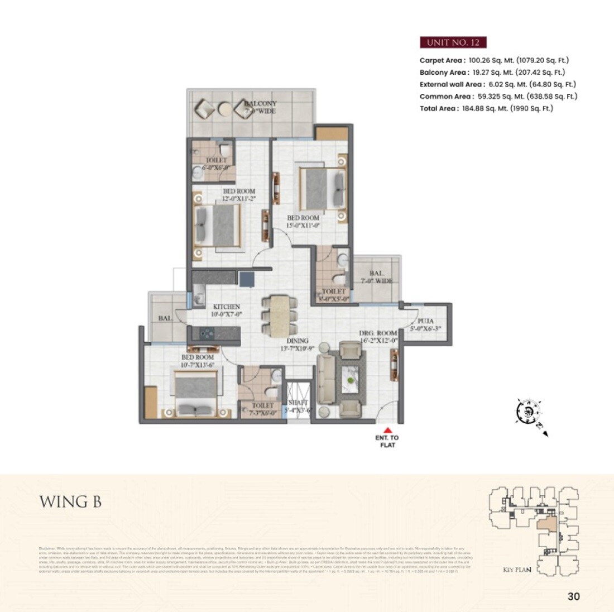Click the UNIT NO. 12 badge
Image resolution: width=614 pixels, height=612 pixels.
(453, 42)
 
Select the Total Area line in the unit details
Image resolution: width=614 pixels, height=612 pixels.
(486, 108)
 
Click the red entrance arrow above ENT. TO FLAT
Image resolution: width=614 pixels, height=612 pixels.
(387, 431)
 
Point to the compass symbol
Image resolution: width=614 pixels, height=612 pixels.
(527, 413)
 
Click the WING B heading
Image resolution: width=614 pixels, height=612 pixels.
(70, 501)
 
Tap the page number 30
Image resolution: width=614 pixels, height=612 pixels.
(573, 596)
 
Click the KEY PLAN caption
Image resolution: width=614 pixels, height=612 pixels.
(516, 570)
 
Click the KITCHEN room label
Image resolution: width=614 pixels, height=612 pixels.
(226, 307)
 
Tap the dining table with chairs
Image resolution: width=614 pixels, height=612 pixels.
(280, 314)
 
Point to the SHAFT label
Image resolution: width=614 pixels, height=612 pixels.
(298, 403)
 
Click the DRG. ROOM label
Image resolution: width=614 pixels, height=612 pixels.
(378, 333)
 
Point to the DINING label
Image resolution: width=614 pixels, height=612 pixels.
(298, 341)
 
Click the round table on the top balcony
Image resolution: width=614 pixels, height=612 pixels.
(225, 108)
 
